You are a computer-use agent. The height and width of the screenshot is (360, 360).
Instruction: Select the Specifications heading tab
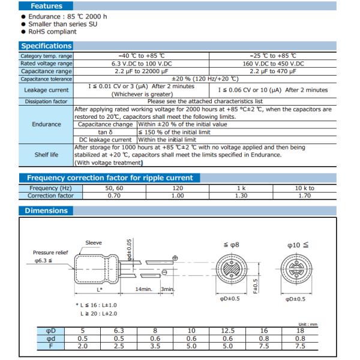click(x=46, y=46)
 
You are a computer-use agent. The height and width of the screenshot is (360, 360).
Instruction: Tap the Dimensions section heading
click(x=46, y=211)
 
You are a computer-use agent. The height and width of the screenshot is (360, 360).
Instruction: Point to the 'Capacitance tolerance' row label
click(x=46, y=79)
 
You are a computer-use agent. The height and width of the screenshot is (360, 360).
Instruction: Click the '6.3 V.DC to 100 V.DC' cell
click(x=142, y=63)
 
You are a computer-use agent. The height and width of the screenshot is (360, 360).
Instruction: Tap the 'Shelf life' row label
click(x=46, y=154)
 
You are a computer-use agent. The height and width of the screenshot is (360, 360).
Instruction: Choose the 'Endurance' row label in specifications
click(x=46, y=124)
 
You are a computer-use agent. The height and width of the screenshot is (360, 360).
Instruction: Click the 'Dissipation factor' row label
click(x=46, y=101)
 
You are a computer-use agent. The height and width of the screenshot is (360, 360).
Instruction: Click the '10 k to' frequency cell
click(x=304, y=188)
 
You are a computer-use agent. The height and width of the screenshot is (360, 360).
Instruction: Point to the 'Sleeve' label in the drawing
click(x=94, y=243)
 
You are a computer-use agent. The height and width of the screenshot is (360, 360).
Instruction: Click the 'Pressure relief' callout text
click(x=50, y=253)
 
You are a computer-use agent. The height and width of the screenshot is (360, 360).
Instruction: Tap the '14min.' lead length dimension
click(x=143, y=289)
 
